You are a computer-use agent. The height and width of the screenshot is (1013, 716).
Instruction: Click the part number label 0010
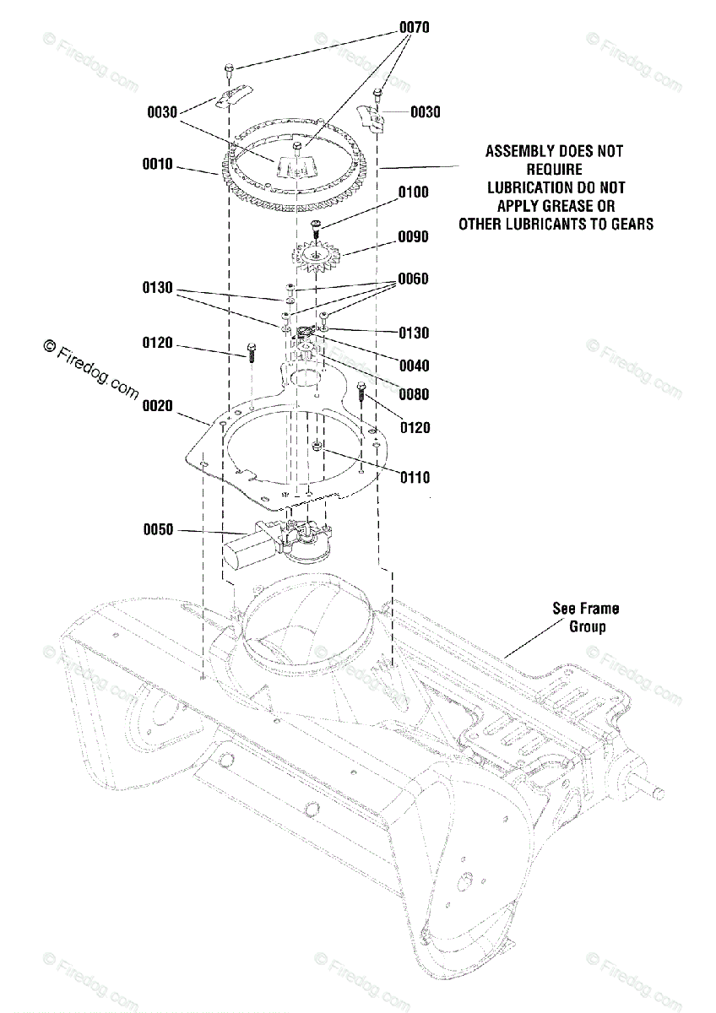[x=157, y=165]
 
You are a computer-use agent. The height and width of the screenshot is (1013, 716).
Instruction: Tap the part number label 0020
[x=157, y=406]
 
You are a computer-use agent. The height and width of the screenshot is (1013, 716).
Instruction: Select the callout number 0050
[x=157, y=530]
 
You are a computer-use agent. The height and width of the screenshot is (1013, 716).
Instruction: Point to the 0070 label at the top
[x=414, y=28]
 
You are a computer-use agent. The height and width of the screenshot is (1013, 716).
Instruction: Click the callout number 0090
[x=414, y=237]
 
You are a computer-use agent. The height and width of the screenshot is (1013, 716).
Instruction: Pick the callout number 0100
[x=414, y=192]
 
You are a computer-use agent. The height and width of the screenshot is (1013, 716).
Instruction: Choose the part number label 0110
[x=415, y=478]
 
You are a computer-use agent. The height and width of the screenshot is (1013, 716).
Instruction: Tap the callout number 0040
[x=414, y=366]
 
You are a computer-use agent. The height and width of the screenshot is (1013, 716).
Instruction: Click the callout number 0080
[x=414, y=394]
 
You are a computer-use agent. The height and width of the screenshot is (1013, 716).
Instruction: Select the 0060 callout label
[x=414, y=279]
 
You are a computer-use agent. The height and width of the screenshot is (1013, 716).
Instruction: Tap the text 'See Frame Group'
[x=585, y=617]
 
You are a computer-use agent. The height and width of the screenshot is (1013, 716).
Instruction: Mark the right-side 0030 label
[x=426, y=112]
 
